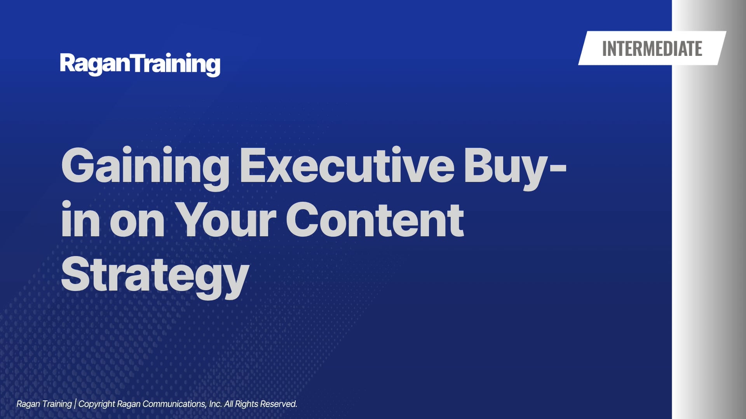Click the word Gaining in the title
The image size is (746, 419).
145,168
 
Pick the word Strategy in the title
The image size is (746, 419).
155,277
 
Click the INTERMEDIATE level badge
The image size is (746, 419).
652,48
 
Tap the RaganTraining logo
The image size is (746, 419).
140,64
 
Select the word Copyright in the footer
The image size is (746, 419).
97,404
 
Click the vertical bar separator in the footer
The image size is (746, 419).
75,404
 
